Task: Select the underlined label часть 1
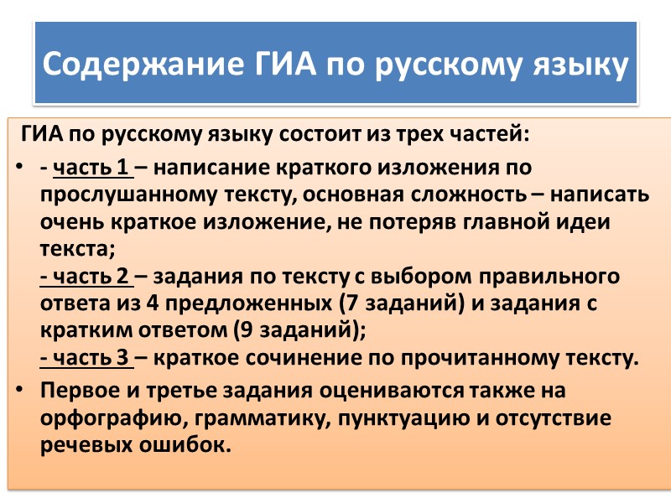92,166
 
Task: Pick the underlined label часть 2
92,277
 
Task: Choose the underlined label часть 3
92,360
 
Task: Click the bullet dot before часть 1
22,167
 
